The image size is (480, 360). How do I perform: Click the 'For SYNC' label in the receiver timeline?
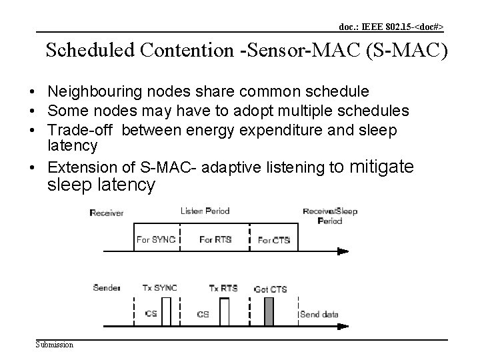[x=155, y=239]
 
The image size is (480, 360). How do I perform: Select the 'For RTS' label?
[x=215, y=239]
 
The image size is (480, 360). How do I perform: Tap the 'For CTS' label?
[x=273, y=240]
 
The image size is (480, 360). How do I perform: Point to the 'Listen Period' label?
[x=205, y=211]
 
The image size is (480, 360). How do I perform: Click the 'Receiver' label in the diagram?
[x=107, y=213]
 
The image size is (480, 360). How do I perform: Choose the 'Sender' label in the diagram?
[x=107, y=288]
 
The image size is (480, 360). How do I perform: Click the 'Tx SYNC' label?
[x=159, y=288]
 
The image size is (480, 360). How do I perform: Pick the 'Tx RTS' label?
[x=223, y=288]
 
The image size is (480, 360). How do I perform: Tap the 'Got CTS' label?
[x=271, y=289]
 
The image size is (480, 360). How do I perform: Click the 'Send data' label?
[x=320, y=314]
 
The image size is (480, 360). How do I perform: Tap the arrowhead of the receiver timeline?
[x=342, y=252]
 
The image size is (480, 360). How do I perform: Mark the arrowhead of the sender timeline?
[x=342, y=327]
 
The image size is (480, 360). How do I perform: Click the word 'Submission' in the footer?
[x=55, y=344]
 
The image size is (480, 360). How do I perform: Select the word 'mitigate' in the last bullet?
[x=381, y=166]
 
